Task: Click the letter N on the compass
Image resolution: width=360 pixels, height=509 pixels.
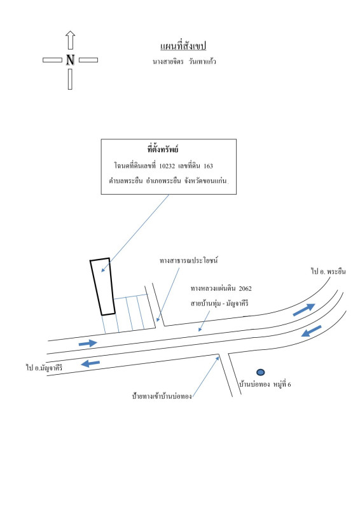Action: [70, 60]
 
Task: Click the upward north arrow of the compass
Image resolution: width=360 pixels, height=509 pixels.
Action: [70, 40]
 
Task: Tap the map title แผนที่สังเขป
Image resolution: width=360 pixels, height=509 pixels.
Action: [183, 46]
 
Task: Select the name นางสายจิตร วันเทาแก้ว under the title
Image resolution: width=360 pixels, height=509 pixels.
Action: [184, 61]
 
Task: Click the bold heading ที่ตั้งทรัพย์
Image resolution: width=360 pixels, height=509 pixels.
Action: [163, 150]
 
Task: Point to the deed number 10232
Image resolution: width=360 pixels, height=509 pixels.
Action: [167, 166]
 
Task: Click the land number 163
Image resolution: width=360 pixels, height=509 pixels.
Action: [208, 166]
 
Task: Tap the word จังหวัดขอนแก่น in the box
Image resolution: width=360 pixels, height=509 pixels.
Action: [205, 181]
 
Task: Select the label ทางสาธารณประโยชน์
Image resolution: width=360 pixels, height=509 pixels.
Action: [189, 260]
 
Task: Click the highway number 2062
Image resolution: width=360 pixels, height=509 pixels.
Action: [245, 289]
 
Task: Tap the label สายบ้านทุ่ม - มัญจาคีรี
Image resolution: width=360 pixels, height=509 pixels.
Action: [219, 303]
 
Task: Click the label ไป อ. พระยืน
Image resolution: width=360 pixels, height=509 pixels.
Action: [328, 272]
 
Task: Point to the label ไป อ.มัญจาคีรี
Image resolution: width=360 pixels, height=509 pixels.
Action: [44, 368]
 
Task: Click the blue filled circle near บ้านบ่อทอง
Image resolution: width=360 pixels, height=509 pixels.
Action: [260, 372]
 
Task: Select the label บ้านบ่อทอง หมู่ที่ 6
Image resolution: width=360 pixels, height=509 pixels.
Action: [265, 384]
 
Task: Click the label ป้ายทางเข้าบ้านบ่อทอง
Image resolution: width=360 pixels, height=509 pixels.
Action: [162, 396]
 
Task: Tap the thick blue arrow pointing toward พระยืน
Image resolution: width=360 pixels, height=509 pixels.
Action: [304, 309]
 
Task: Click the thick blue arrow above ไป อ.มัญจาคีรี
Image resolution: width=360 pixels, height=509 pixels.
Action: [90, 363]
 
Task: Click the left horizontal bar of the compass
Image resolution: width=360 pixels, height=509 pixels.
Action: [52, 60]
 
